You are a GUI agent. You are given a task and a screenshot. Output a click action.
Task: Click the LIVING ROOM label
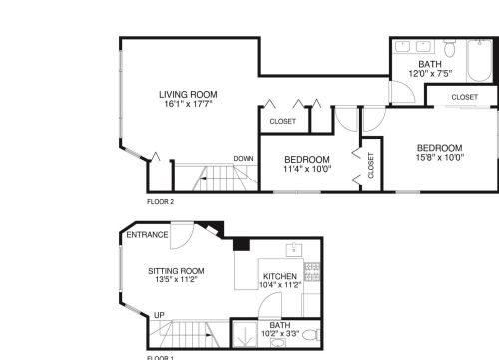tap(188, 95)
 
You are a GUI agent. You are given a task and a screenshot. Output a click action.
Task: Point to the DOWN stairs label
tap(244, 158)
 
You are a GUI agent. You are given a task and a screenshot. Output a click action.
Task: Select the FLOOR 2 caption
tap(161, 201)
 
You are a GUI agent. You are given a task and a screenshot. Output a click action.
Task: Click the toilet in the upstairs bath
tap(449, 51)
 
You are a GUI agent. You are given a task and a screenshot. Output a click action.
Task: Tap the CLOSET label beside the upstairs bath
tap(464, 97)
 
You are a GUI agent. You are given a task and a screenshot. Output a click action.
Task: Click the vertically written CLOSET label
tap(371, 165)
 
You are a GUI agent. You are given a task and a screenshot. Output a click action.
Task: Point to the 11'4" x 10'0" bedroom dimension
tap(307, 169)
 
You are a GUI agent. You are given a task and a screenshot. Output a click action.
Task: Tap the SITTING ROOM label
tap(176, 271)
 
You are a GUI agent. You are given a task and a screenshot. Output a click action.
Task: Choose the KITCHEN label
tap(280, 276)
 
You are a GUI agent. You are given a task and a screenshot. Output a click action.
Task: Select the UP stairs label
tap(159, 315)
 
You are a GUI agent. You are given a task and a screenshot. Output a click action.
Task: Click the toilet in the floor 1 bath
tap(309, 334)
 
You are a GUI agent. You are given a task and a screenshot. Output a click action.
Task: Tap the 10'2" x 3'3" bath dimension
tap(279, 334)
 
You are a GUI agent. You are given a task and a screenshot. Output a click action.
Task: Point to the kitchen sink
tap(295, 248)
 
